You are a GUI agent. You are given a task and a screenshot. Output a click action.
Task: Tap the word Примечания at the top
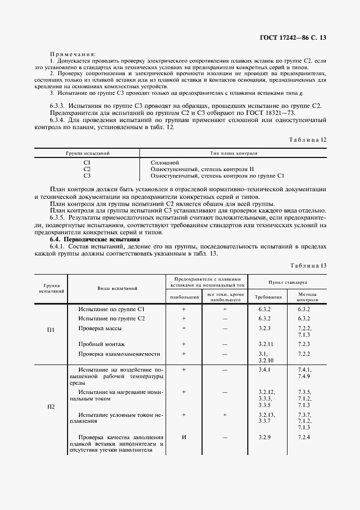tap(72, 54)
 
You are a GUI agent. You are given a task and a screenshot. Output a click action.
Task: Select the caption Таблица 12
tap(308, 139)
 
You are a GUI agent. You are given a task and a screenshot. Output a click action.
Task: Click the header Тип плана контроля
tap(234, 154)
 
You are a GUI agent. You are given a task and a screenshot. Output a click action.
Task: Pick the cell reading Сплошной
tap(164, 162)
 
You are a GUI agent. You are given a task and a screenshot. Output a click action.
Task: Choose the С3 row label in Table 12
tap(87, 175)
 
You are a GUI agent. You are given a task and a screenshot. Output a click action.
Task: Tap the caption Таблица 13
tap(308, 265)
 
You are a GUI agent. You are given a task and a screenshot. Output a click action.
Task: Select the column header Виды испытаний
tap(117, 288)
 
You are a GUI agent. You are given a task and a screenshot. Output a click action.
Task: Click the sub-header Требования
tap(269, 297)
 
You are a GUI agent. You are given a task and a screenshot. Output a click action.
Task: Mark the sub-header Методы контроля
tap(307, 297)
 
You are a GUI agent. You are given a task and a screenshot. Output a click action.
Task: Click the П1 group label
tap(51, 330)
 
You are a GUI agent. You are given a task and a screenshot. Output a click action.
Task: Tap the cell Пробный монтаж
tap(101, 344)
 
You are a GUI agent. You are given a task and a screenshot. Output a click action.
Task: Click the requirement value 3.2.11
tap(266, 344)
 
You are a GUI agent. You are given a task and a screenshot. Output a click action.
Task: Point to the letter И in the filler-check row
tap(184, 438)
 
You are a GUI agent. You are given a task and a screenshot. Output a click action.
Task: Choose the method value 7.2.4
tap(304, 438)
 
